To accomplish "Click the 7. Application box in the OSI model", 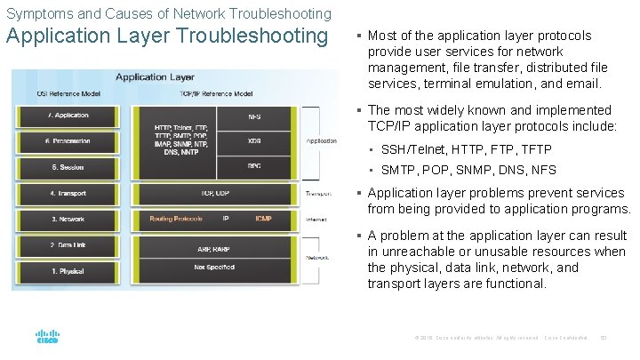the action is (70, 116).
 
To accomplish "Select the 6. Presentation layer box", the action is (70, 141).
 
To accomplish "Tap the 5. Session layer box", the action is (70, 166).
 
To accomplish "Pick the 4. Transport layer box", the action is (70, 193).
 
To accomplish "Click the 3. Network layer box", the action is (70, 219).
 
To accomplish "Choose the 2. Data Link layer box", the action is (70, 244).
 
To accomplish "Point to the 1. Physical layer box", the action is (70, 269).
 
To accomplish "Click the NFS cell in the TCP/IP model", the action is (254, 116).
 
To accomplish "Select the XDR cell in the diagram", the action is (254, 141).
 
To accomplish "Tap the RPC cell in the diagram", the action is (254, 166).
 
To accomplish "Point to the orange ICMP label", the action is (263, 219).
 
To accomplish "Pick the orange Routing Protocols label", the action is (175, 219).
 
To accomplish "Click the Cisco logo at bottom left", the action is (47, 337).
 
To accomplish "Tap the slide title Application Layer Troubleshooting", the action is (167, 36).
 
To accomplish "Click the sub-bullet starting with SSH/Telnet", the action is (466, 149).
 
